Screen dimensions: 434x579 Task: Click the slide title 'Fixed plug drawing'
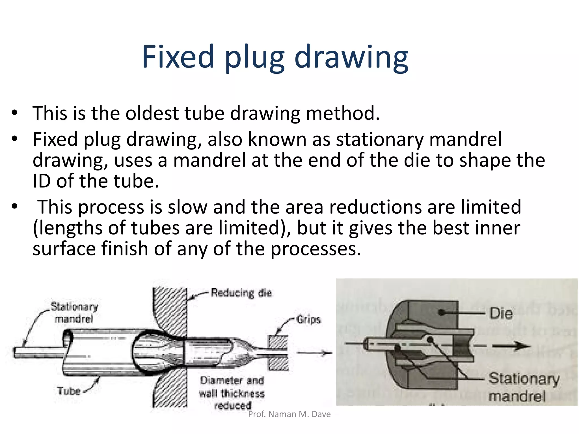[275, 57]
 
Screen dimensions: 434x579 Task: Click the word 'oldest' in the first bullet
[152, 113]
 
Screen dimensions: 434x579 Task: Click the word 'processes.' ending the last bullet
[316, 249]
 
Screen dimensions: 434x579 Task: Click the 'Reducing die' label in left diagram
[241, 293]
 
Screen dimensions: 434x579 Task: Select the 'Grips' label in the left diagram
[308, 320]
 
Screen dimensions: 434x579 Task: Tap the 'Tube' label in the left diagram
[69, 391]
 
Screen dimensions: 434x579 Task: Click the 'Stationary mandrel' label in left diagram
[74, 313]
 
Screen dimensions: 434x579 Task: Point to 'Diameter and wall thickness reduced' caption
[232, 393]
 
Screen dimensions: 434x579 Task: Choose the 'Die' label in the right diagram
[501, 313]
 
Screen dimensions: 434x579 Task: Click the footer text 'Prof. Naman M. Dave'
[289, 414]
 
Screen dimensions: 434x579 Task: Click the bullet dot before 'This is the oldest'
[14, 113]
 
